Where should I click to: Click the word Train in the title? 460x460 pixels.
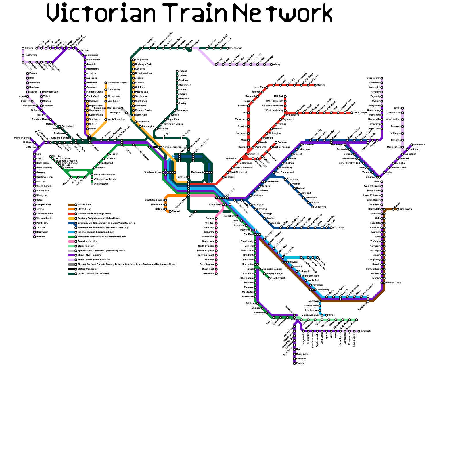coord(197,13)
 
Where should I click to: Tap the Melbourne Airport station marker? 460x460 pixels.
coord(106,83)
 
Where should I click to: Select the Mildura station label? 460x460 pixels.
coord(29,48)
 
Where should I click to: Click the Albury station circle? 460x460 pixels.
coord(271,64)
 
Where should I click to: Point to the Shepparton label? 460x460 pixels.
coord(236,48)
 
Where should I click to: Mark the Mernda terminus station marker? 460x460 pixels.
coord(315,85)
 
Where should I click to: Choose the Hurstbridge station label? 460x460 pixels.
coord(360,113)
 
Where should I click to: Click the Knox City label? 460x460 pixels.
coord(338,228)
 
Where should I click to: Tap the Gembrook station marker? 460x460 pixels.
coord(412,145)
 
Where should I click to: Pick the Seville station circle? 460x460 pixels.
coord(402,108)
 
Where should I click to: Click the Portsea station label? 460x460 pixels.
coord(300,363)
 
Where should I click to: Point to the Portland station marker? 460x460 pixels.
coord(34,237)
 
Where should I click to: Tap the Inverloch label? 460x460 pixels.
coord(365,331)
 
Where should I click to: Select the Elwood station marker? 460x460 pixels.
coord(170,212)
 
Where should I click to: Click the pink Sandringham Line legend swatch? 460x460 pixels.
coord(71,241)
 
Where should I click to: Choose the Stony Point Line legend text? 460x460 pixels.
coord(87,246)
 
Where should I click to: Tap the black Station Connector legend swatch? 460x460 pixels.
coord(71,269)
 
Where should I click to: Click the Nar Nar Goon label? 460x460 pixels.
coord(393,283)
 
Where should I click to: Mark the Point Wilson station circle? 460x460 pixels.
coord(30,138)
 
